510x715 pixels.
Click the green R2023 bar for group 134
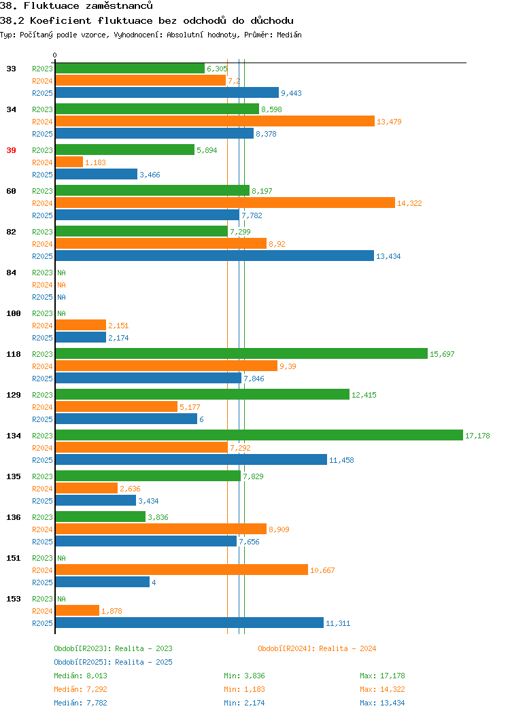[x=259, y=436]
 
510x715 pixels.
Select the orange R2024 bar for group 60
[x=225, y=203]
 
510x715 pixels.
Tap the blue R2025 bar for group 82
[x=215, y=256]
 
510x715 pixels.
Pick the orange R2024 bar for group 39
[x=69, y=162]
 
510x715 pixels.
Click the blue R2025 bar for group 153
[x=190, y=623]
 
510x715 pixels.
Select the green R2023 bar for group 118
[x=242, y=354]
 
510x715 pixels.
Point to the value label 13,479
[x=389, y=122]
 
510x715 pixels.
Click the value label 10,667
[x=322, y=570]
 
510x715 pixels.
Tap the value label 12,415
[x=364, y=395]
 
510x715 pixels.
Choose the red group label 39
[x=12, y=150]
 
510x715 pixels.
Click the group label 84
[x=12, y=273]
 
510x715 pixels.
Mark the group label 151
[x=14, y=558]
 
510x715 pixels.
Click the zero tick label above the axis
[x=55, y=55]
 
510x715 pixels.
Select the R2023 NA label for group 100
[x=62, y=313]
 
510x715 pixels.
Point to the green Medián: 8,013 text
[x=81, y=676]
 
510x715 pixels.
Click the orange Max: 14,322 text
[x=382, y=689]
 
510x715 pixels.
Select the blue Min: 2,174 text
[x=244, y=703]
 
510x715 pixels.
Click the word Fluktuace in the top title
[x=52, y=6]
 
